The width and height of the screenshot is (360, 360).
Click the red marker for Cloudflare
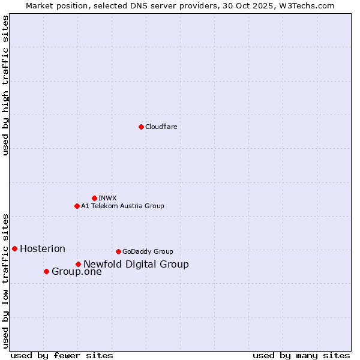tap(141, 127)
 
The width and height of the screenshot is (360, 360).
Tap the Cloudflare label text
tap(161, 127)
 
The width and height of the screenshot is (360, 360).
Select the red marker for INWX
tap(94, 198)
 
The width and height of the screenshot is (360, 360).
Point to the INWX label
tap(107, 199)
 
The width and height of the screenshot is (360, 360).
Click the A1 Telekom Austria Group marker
tap(77, 206)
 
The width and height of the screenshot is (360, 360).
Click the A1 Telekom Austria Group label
tap(122, 206)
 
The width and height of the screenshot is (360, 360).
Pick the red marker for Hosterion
tap(14, 248)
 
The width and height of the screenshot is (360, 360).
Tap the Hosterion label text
tap(43, 249)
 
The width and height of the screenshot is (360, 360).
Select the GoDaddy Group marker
tap(118, 251)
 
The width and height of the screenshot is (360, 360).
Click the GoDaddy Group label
tap(148, 252)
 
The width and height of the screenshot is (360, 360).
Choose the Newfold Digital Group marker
tap(78, 264)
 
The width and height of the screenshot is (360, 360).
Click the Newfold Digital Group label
tap(136, 265)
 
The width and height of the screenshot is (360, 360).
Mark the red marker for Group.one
tap(46, 271)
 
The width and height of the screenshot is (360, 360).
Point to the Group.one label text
tap(77, 272)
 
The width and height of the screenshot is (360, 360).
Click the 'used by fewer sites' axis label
tap(62, 355)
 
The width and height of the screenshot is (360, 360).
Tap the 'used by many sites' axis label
tap(301, 355)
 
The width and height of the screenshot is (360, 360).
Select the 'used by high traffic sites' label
tap(5, 85)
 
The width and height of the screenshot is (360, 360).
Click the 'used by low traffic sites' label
tap(5, 280)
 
